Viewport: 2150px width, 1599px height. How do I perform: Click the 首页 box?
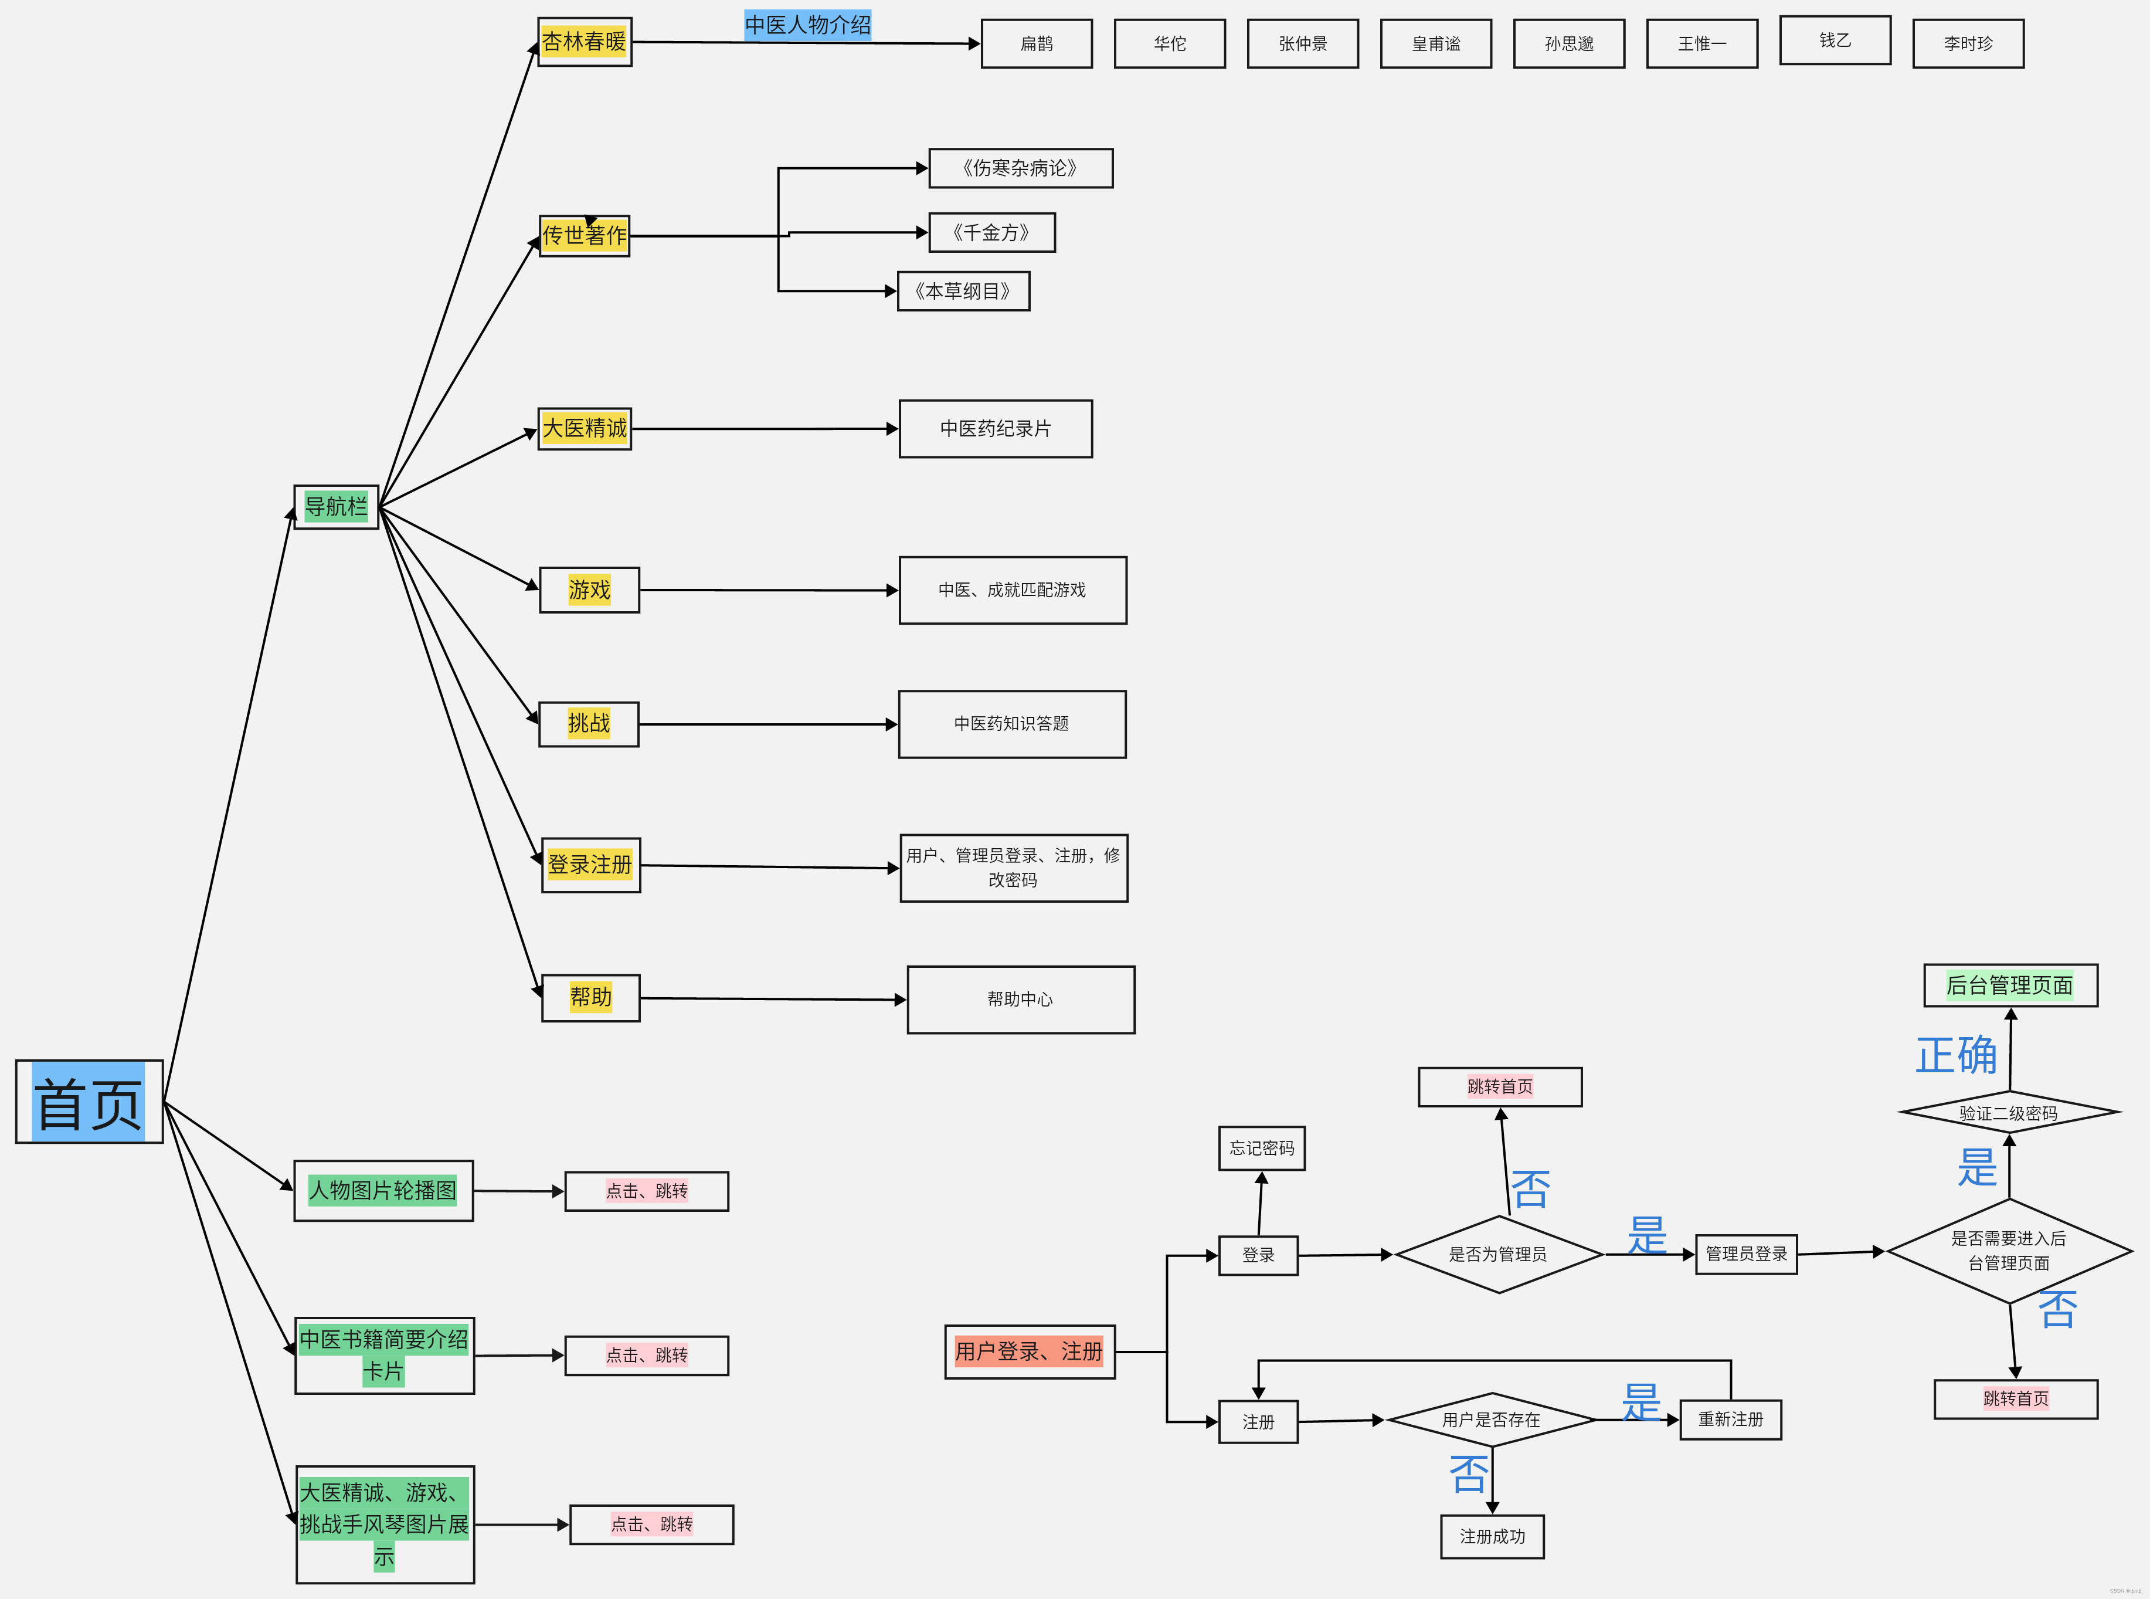(89, 1102)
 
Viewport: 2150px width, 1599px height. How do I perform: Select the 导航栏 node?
(336, 506)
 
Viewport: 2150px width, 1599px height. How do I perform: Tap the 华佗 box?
(1169, 43)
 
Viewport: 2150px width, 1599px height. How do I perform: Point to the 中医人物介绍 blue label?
(807, 25)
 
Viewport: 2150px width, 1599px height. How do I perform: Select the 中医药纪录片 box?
(995, 429)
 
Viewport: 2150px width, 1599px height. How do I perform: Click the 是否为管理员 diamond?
(1498, 1255)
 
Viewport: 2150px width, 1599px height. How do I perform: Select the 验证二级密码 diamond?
(2009, 1113)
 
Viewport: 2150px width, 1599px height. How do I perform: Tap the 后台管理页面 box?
(2010, 985)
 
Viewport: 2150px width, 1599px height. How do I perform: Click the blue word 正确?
(1955, 1055)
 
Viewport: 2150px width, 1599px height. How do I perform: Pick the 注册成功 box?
(1492, 1537)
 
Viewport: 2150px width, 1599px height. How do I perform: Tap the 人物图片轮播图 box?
(383, 1191)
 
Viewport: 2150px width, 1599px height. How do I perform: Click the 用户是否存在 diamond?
(1491, 1420)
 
